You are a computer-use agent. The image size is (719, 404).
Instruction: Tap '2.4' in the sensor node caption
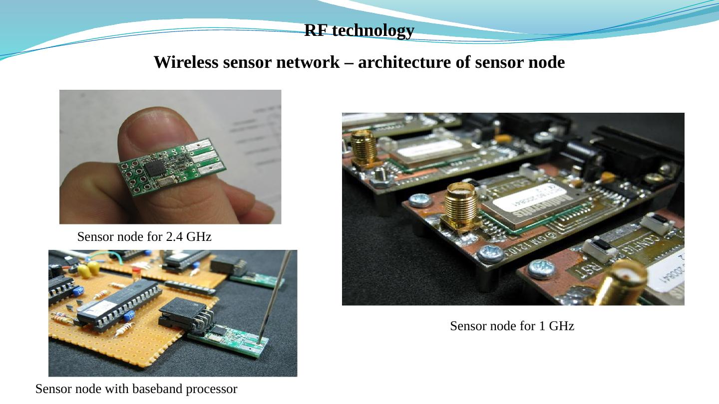174,237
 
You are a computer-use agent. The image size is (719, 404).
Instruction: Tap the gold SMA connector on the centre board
460,204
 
